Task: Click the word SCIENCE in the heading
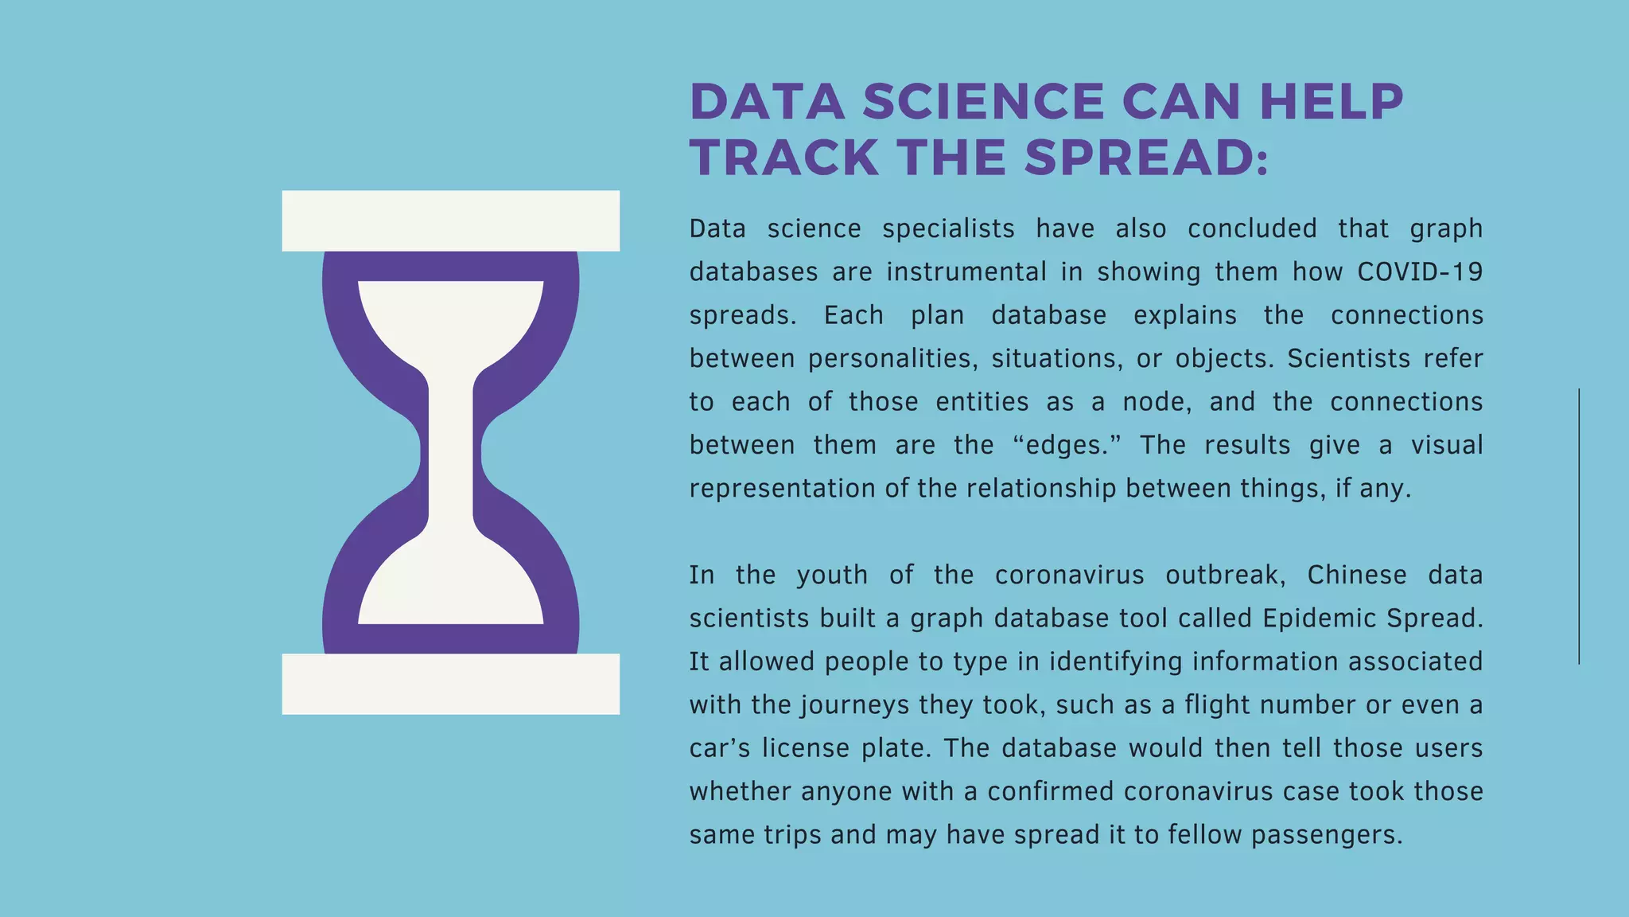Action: [983, 102]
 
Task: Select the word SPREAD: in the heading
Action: [1146, 158]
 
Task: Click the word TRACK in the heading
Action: [784, 158]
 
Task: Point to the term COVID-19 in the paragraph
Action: [1420, 272]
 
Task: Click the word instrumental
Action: [966, 272]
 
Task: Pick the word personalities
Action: [892, 359]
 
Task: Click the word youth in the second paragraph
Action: [832, 575]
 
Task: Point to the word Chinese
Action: [1357, 575]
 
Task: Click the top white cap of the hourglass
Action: [450, 220]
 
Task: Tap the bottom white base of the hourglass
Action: [450, 684]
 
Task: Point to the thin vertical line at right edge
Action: [1579, 525]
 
